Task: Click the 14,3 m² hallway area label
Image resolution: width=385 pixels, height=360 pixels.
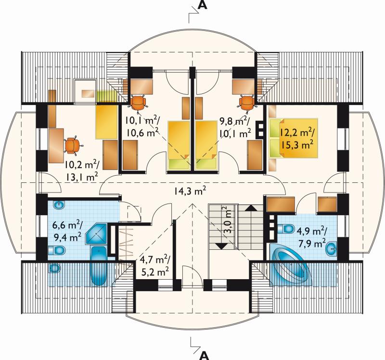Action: pyautogui.click(x=190, y=191)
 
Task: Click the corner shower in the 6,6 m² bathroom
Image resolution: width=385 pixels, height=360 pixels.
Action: pyautogui.click(x=96, y=233)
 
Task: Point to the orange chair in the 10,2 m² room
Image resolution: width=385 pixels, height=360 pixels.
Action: pyautogui.click(x=72, y=146)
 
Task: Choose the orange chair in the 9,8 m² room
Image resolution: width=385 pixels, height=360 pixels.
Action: pyautogui.click(x=247, y=103)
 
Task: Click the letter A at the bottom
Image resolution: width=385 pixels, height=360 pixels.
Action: pyautogui.click(x=203, y=355)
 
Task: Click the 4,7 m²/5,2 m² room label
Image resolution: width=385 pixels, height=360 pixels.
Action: pyautogui.click(x=154, y=266)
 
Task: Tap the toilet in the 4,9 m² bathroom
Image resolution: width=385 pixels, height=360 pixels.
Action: pyautogui.click(x=286, y=229)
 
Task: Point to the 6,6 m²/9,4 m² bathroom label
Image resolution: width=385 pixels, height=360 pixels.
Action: pyautogui.click(x=67, y=231)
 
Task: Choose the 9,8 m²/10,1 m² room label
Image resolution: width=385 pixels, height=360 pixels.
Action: pyautogui.click(x=235, y=128)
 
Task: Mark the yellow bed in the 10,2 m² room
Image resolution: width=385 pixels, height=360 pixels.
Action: pyautogui.click(x=106, y=122)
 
